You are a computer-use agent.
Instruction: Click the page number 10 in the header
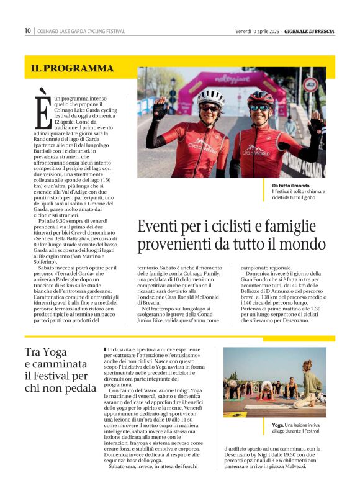click(x=28, y=31)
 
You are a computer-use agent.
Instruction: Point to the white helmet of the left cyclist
click(x=211, y=97)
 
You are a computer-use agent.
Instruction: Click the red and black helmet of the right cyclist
click(x=260, y=97)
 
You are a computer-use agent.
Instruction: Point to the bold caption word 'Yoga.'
click(x=279, y=425)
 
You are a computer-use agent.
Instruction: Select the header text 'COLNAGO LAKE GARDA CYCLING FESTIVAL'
click(x=81, y=31)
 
